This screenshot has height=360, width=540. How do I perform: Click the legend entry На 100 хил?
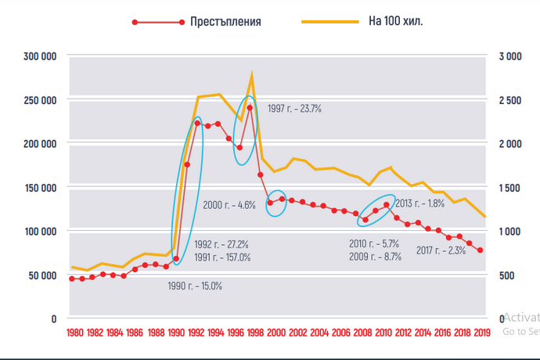tap(395, 22)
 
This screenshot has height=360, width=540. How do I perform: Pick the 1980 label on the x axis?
tap(75, 333)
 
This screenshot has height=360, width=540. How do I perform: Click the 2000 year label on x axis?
tap(276, 333)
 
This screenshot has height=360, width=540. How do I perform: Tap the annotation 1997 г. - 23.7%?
tap(294, 109)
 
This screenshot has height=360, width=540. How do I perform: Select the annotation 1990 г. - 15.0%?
tap(195, 286)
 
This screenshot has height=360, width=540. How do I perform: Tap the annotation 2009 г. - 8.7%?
tap(375, 256)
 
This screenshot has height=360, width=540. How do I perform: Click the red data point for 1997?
tap(250, 108)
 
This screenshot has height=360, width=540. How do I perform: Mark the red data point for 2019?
tap(480, 250)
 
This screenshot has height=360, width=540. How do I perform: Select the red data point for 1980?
tap(72, 279)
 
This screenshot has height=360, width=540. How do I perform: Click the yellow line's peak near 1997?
tap(252, 74)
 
